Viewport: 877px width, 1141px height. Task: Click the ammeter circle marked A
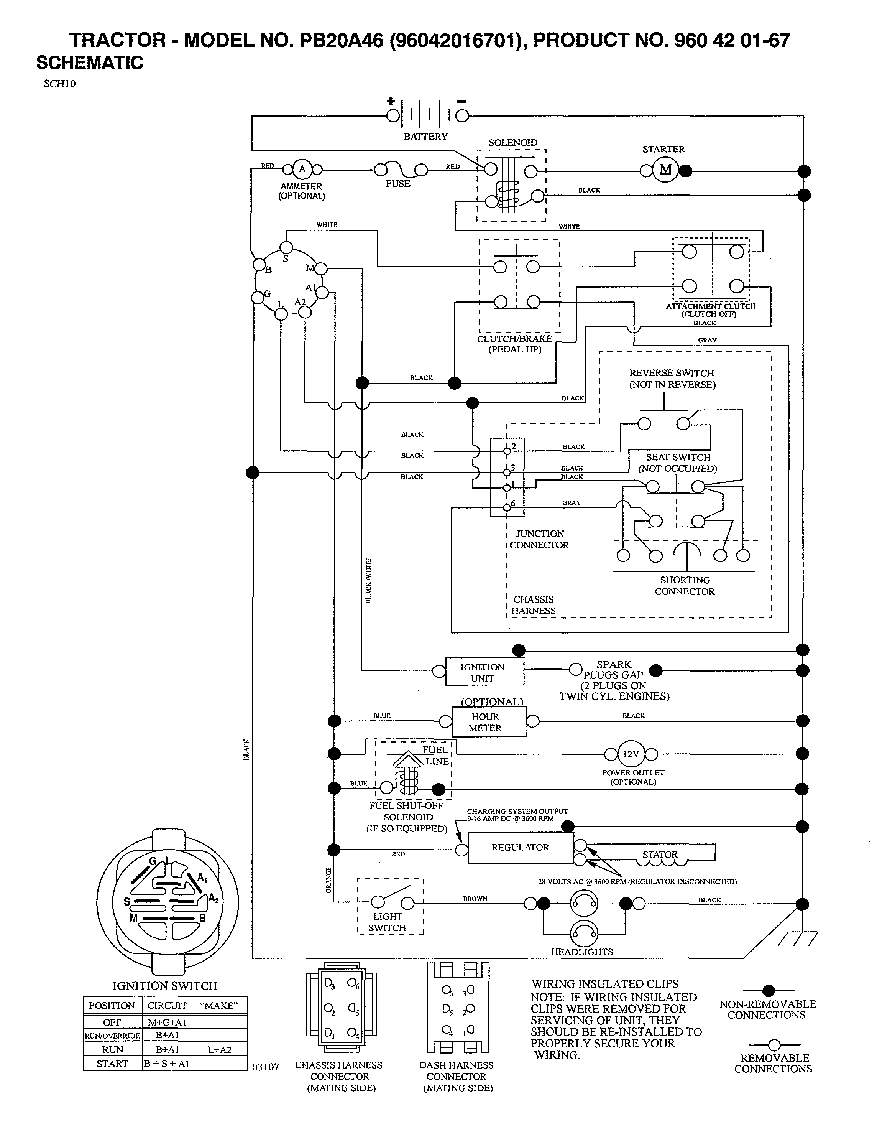[302, 169]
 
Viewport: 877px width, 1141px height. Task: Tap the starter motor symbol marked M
[665, 170]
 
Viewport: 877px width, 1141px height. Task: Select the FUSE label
[398, 184]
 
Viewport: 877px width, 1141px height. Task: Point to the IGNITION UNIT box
[483, 672]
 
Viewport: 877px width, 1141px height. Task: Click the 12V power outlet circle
[631, 754]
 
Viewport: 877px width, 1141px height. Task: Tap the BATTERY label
[425, 136]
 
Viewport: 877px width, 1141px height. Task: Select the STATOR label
[660, 855]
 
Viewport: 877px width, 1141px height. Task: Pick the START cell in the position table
[112, 1064]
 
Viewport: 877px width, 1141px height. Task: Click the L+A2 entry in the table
[219, 1050]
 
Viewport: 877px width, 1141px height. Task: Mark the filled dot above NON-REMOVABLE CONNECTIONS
[768, 991]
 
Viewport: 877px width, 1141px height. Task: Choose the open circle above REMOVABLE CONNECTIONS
[774, 1044]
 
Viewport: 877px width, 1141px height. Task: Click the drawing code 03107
[266, 1067]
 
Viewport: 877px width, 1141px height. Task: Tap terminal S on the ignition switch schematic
[286, 247]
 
